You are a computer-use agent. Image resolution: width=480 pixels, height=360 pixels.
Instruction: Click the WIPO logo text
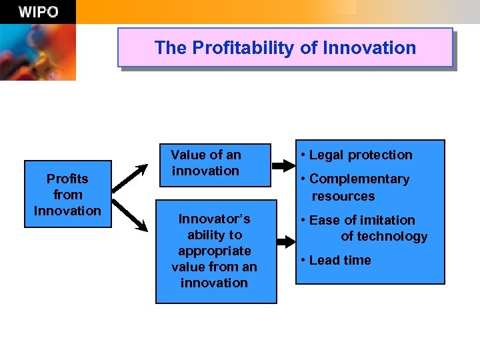coord(37,12)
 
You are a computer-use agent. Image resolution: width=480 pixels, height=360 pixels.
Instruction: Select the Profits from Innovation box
coord(67,194)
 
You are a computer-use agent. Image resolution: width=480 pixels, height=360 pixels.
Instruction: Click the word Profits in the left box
coord(67,179)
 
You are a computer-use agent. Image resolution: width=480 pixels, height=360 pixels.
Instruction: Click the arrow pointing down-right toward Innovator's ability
coord(131,215)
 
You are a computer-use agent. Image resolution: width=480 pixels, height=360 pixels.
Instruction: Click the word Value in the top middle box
coord(187,155)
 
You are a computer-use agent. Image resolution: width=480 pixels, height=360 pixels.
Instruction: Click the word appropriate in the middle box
coord(215,251)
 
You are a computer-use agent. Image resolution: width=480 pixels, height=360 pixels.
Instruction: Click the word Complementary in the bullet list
coord(359,179)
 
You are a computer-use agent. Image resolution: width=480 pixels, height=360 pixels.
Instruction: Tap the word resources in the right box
coord(343,196)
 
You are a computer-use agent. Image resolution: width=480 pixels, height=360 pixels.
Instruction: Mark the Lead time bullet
coord(340,260)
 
